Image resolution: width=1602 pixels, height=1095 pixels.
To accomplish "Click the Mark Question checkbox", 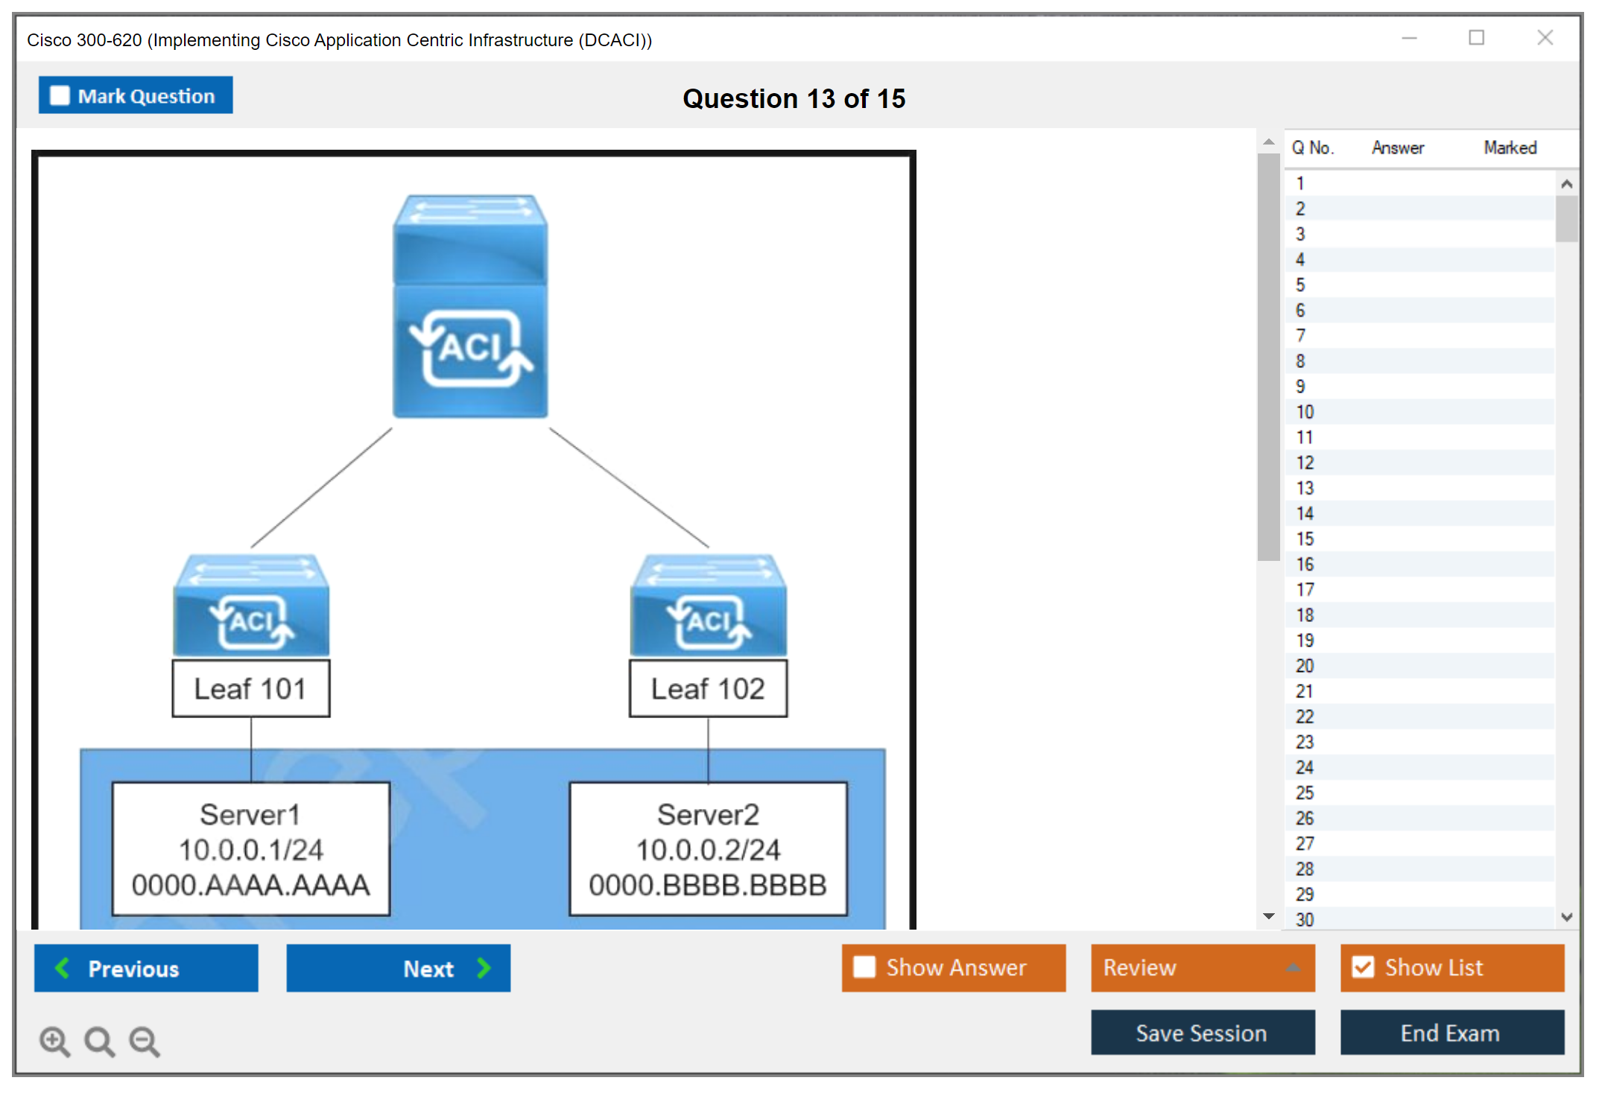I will tap(60, 96).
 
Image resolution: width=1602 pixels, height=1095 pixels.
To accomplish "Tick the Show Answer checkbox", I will tap(864, 967).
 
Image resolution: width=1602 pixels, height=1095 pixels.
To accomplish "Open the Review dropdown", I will tap(1202, 968).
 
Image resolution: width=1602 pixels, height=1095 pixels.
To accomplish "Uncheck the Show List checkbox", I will tap(1363, 967).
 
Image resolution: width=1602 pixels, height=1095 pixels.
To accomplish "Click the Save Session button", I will tap(1202, 1032).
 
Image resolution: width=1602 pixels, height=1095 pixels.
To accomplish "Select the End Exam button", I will tap(1451, 1032).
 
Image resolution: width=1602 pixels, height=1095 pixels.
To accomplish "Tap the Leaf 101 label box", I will tap(250, 689).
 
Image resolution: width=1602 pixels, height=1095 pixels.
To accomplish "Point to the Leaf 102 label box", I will tap(708, 689).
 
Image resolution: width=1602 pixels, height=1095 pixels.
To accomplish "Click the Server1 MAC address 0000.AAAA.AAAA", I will tap(250, 885).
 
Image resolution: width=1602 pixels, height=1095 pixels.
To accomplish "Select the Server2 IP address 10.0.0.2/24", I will tap(708, 850).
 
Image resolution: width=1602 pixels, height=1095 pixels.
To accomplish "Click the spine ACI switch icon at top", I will tap(470, 306).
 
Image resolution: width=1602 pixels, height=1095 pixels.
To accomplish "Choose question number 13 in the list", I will tap(1305, 488).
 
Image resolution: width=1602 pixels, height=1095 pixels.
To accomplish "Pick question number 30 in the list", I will tap(1305, 919).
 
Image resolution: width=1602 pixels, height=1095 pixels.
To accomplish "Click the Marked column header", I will tap(1510, 147).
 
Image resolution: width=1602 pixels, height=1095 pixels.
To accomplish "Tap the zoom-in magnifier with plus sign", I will tap(54, 1041).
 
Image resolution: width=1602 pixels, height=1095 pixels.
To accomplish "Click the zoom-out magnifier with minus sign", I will tap(145, 1041).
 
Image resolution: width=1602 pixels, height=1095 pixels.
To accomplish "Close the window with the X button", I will tap(1545, 37).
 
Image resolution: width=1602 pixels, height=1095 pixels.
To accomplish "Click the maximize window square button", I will tap(1476, 37).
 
